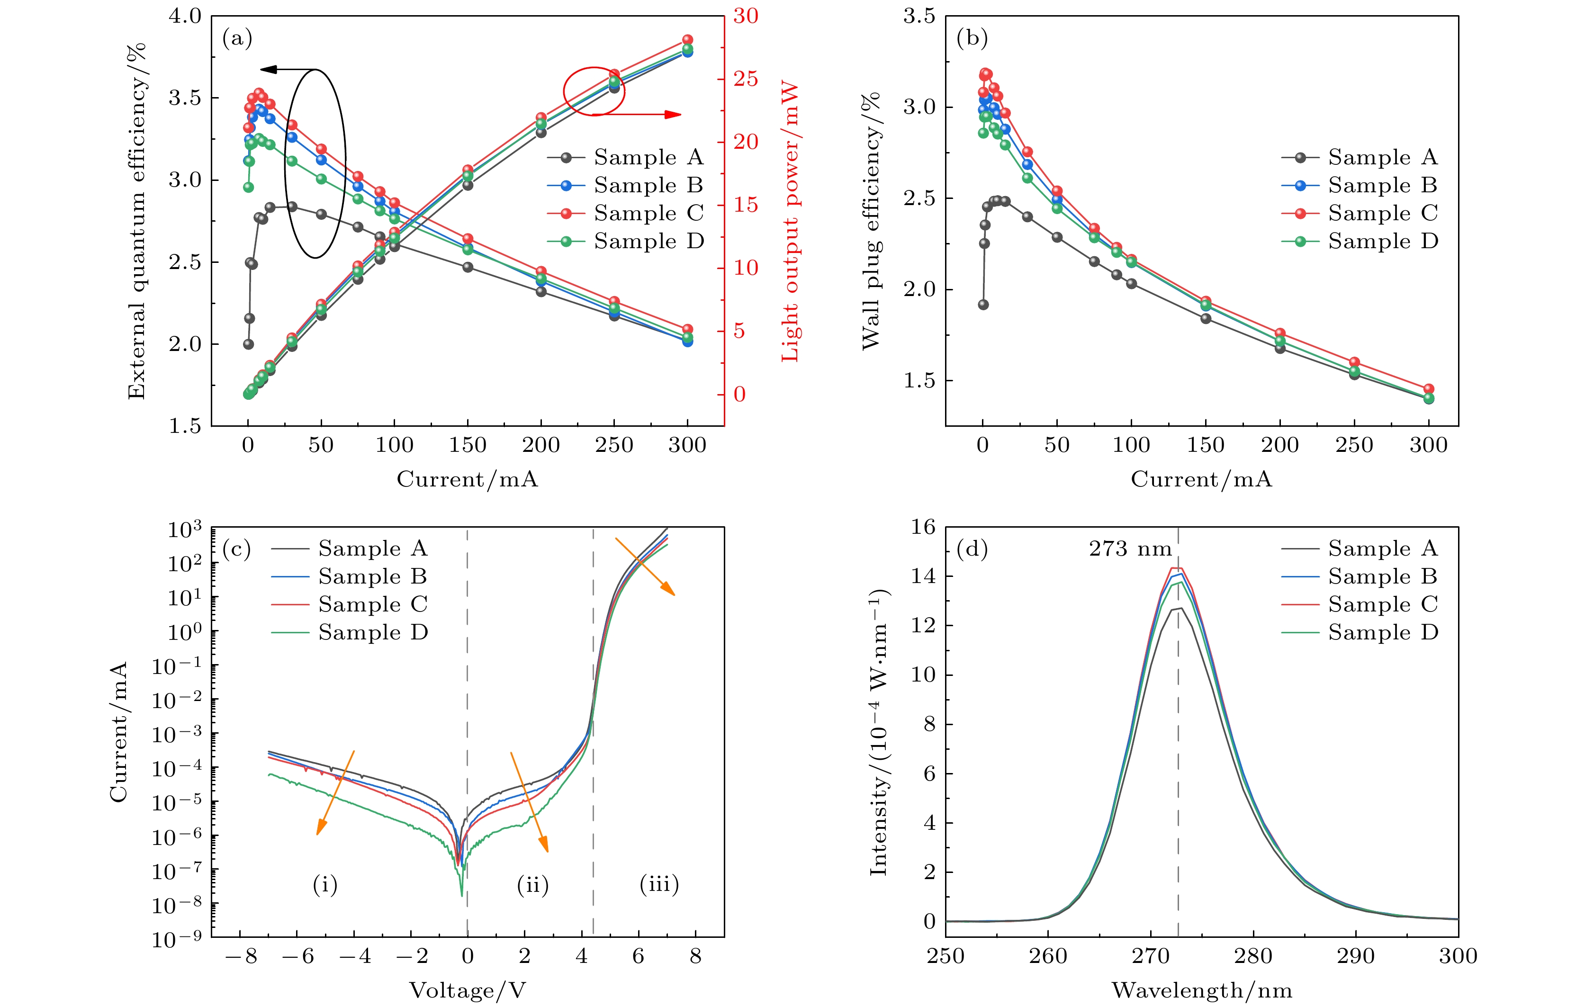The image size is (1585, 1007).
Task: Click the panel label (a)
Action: coord(237,39)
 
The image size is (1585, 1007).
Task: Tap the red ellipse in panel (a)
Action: coord(594,91)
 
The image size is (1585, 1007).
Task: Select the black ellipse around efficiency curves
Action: coord(315,163)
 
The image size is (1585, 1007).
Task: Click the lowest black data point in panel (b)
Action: coord(983,305)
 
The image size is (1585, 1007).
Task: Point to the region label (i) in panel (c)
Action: coord(325,885)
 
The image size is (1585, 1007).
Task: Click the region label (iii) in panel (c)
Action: coord(659,883)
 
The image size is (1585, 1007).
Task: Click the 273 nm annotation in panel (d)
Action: coord(1130,549)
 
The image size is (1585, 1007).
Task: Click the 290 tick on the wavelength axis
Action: coord(1356,956)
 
